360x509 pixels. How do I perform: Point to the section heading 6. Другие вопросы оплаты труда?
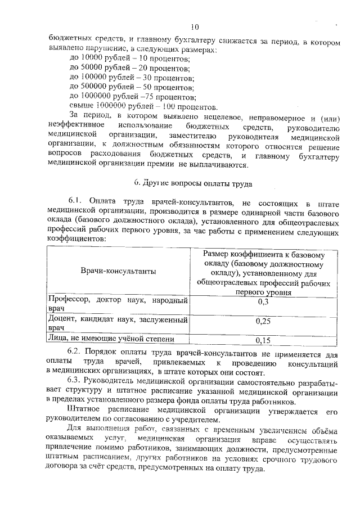click(193, 183)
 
